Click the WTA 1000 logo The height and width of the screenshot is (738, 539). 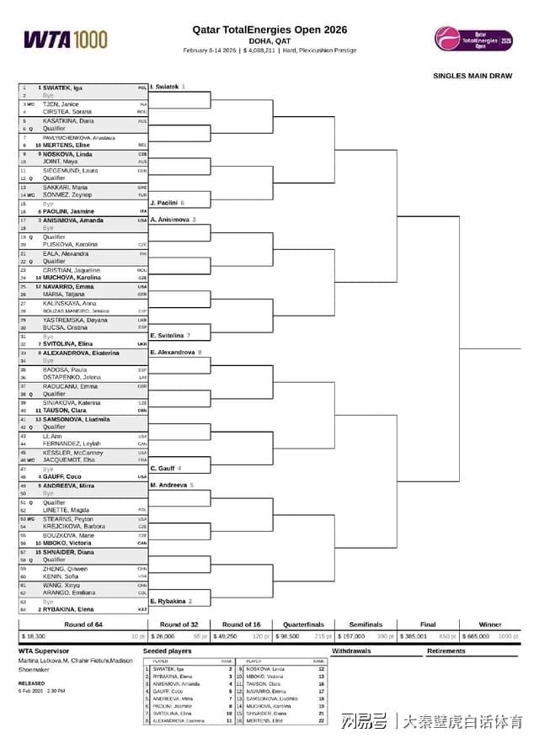pos(66,39)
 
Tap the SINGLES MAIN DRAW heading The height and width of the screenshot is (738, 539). pos(472,76)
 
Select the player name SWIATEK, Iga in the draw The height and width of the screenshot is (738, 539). pos(62,88)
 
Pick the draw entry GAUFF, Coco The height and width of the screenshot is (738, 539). pos(63,476)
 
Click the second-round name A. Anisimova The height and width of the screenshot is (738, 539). pos(173,220)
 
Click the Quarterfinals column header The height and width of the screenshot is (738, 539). pos(304,624)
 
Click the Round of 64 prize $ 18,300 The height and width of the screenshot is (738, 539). pos(34,637)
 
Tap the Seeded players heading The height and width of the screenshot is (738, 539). pos(167,651)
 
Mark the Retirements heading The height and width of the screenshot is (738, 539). pos(446,651)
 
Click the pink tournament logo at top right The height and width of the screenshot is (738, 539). pos(473,39)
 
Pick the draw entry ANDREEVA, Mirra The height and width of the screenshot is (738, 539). pos(68,486)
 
